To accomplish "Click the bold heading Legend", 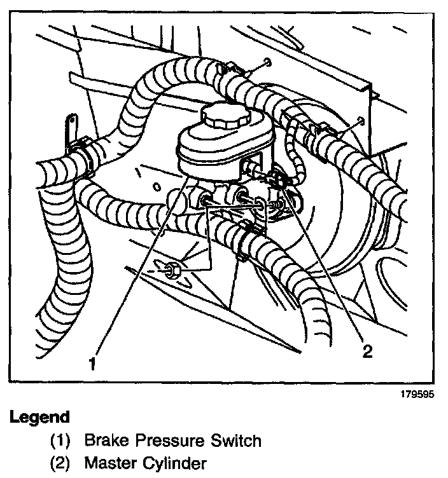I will pos(39,418).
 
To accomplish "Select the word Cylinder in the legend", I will pos(176,463).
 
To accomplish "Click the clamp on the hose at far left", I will pos(81,156).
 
